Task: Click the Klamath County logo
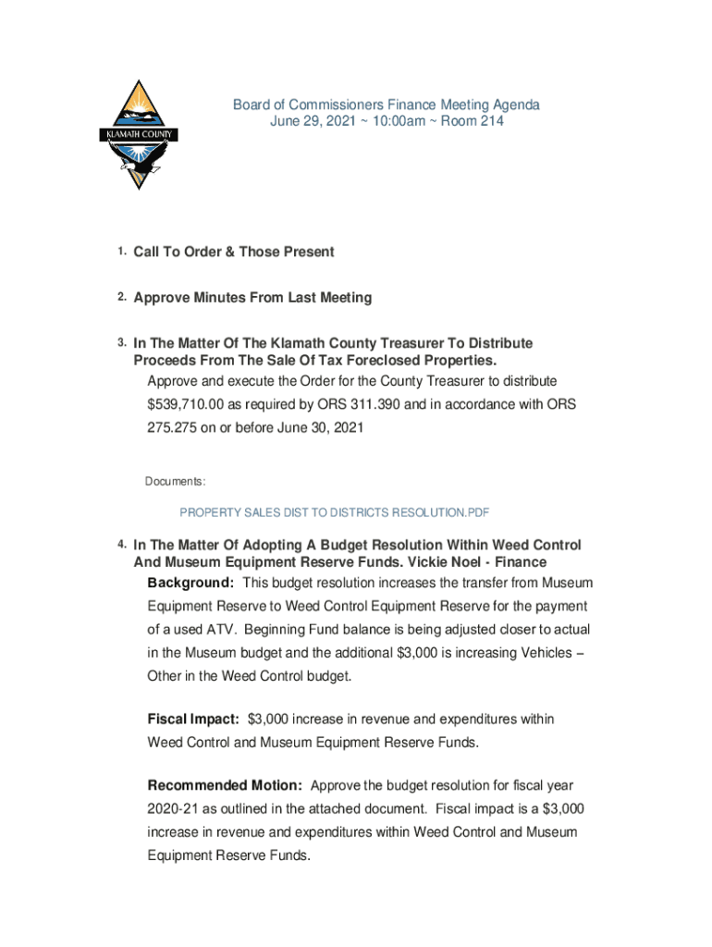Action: tap(138, 134)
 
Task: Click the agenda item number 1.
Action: tap(121, 252)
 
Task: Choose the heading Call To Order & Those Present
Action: tap(233, 252)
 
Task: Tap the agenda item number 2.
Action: tap(121, 298)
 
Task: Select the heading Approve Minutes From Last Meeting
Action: tap(252, 298)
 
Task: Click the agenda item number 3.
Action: tap(121, 343)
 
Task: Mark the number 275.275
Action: tap(174, 428)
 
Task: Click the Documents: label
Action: tap(176, 482)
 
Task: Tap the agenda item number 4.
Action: tap(121, 545)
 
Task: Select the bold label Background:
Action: tap(190, 584)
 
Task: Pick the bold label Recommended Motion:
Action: tap(225, 786)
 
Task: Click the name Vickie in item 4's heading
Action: tap(424, 562)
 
